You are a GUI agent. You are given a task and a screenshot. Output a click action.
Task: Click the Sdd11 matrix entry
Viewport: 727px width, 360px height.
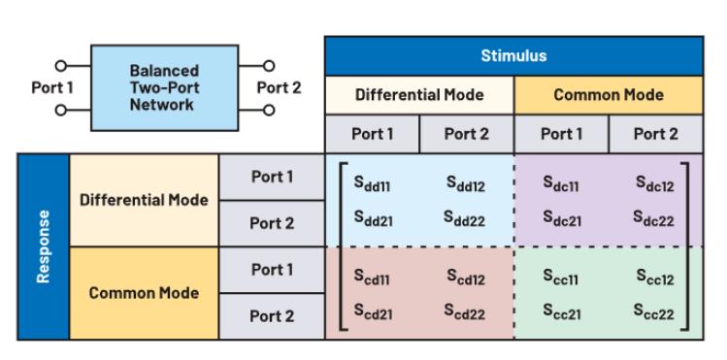point(372,183)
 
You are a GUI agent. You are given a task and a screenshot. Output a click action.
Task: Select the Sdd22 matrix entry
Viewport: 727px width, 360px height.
point(464,218)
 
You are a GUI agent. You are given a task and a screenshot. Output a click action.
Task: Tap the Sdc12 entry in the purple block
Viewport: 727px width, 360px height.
point(654,183)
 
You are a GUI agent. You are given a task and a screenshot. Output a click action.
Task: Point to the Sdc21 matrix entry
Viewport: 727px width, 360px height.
point(562,218)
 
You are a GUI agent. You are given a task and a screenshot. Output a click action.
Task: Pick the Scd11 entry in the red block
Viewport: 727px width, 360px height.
point(372,277)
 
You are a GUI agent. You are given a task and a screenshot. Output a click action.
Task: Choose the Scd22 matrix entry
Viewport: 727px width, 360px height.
point(464,311)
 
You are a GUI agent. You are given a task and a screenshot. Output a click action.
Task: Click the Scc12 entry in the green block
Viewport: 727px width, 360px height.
point(654,277)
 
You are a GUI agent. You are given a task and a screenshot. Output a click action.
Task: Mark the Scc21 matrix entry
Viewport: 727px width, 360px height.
point(562,311)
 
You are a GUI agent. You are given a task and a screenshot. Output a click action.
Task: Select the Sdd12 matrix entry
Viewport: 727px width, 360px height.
point(466,183)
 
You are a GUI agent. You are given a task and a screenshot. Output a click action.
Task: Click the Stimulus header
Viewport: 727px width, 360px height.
point(513,56)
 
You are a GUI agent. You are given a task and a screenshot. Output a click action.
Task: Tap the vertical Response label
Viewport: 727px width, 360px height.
point(43,246)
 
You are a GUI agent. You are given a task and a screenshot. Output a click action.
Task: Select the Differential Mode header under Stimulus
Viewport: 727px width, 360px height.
point(419,95)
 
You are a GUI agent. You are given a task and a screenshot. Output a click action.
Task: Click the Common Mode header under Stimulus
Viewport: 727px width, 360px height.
point(609,95)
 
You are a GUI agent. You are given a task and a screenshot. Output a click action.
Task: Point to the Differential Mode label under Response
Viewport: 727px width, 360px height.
point(144,200)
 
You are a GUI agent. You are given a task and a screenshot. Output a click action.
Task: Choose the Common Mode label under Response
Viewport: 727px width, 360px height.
point(144,293)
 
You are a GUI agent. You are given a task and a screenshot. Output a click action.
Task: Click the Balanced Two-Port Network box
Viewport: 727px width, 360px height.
point(165,88)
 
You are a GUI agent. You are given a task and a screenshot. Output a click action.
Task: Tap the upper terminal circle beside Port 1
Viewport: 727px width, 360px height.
point(61,66)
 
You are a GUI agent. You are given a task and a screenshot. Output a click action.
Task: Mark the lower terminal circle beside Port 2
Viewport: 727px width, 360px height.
point(269,111)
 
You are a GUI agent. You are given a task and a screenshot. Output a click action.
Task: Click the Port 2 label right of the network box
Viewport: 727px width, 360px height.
point(279,87)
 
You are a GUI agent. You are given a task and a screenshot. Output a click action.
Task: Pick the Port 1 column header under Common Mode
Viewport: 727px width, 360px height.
point(561,134)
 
